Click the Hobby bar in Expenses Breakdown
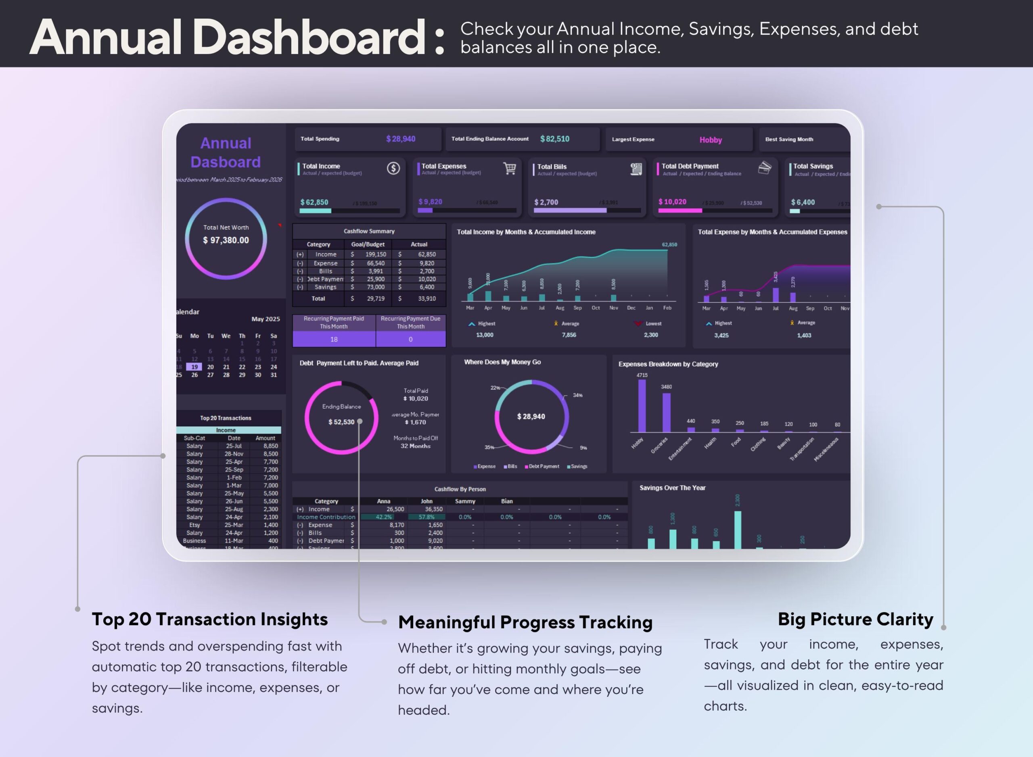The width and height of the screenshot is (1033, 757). click(x=642, y=406)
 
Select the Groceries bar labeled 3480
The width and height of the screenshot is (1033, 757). click(x=666, y=413)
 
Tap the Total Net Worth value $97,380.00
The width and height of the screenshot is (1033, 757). click(x=226, y=240)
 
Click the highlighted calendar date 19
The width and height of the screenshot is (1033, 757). click(x=194, y=367)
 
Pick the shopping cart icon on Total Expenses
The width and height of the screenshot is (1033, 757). click(x=509, y=169)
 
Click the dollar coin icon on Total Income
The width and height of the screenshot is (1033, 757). click(x=393, y=169)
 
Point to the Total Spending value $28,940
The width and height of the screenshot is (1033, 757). click(x=400, y=139)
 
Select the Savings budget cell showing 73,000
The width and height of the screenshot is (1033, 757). click(x=376, y=287)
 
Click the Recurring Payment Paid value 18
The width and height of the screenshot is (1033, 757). click(x=334, y=340)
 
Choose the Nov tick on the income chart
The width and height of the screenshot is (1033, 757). click(x=613, y=308)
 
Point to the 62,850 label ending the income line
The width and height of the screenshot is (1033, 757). click(x=669, y=245)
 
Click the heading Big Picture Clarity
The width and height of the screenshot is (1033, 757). click(x=855, y=619)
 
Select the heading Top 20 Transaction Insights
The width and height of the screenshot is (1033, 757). click(x=209, y=619)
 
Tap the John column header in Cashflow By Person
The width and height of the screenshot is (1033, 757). click(x=427, y=501)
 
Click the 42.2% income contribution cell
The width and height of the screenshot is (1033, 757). click(x=384, y=517)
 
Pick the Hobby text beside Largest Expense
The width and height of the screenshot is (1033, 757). click(x=710, y=140)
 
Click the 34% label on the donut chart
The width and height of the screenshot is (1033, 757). click(x=578, y=395)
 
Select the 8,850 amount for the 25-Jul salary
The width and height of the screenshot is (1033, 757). click(x=270, y=446)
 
